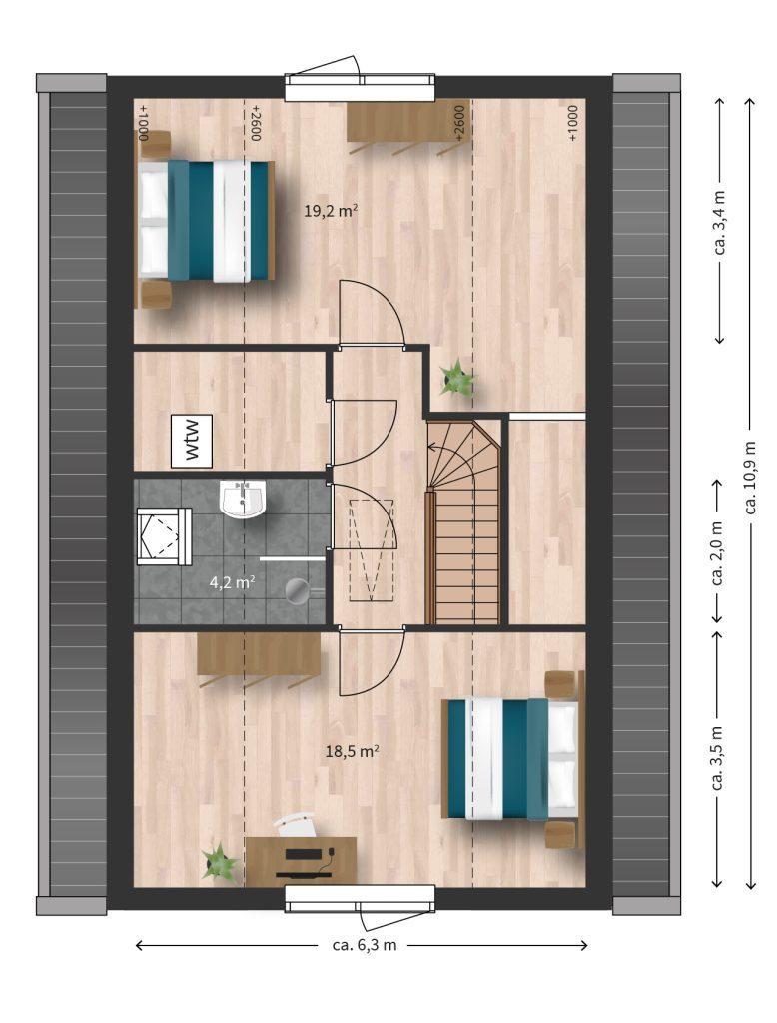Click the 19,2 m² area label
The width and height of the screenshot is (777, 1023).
pos(331,210)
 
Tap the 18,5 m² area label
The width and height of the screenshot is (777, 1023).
pos(353,751)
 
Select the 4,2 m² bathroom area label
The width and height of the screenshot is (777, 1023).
pos(232,582)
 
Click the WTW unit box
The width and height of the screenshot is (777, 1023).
pos(192,441)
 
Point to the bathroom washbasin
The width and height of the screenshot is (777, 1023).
pos(244,500)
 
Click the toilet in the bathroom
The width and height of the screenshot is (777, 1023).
pos(164,536)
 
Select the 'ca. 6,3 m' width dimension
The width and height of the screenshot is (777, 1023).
pos(363,945)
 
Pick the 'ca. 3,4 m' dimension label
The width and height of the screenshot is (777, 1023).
pos(720,221)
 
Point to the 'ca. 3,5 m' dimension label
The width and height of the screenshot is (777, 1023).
pos(718,758)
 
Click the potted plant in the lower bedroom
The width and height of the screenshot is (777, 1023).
pos(219,863)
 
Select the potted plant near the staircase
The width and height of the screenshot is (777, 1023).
pos(456,377)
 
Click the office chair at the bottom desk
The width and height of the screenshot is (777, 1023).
pos(296,824)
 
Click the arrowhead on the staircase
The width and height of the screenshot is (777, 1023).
pos(431,447)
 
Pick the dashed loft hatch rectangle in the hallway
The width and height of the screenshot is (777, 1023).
pos(372,550)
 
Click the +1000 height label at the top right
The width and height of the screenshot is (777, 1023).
pos(572,123)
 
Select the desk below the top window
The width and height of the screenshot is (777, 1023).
pos(405,121)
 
